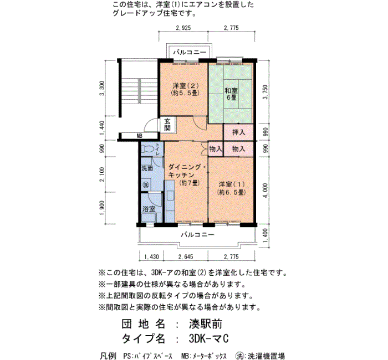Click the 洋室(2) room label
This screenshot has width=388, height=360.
(186, 90)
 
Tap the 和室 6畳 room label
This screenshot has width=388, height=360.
(231, 94)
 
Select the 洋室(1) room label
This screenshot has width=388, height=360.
(232, 188)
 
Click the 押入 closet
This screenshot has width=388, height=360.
(238, 132)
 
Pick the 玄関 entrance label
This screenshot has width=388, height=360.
(167, 125)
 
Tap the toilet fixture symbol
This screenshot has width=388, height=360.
(147, 149)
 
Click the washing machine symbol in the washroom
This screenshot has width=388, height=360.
(146, 184)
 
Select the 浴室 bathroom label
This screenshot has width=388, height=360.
(149, 209)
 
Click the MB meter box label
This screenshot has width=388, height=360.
(139, 136)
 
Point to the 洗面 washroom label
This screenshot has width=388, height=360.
(147, 168)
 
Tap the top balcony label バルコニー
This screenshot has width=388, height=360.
(190, 53)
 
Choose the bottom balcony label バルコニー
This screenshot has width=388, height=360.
(197, 234)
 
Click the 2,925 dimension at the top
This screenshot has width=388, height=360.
(183, 28)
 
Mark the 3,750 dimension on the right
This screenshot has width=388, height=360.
(265, 92)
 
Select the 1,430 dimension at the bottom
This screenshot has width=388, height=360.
(151, 257)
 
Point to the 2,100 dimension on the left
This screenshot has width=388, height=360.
(102, 174)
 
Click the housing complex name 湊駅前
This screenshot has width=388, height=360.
(206, 324)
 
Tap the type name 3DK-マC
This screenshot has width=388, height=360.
(208, 339)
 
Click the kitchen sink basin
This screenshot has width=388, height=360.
(171, 196)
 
